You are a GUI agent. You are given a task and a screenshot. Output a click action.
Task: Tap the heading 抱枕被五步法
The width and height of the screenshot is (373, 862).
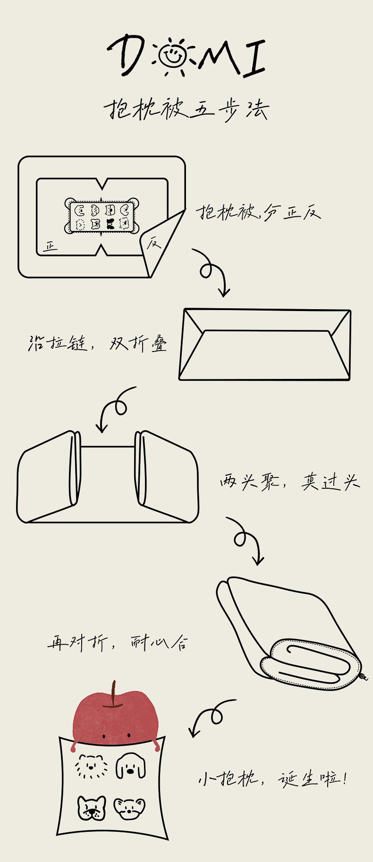pyautogui.click(x=186, y=110)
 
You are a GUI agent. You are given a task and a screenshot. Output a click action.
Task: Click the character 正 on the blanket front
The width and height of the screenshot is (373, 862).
pyautogui.click(x=50, y=246)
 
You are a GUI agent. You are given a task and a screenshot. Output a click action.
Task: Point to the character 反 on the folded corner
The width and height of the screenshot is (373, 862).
pyautogui.click(x=154, y=243)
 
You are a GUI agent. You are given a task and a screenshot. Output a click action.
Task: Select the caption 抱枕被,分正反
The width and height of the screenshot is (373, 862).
pyautogui.click(x=259, y=213)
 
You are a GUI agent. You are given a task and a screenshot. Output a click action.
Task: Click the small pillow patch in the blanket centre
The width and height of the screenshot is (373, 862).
pyautogui.click(x=102, y=216)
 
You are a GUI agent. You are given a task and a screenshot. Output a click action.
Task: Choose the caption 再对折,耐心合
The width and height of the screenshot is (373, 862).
pyautogui.click(x=118, y=642)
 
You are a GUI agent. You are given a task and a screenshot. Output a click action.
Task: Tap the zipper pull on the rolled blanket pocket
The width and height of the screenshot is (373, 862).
pyautogui.click(x=364, y=677)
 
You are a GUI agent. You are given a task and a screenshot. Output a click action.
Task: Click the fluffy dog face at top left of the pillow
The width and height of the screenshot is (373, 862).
pyautogui.click(x=91, y=767)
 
